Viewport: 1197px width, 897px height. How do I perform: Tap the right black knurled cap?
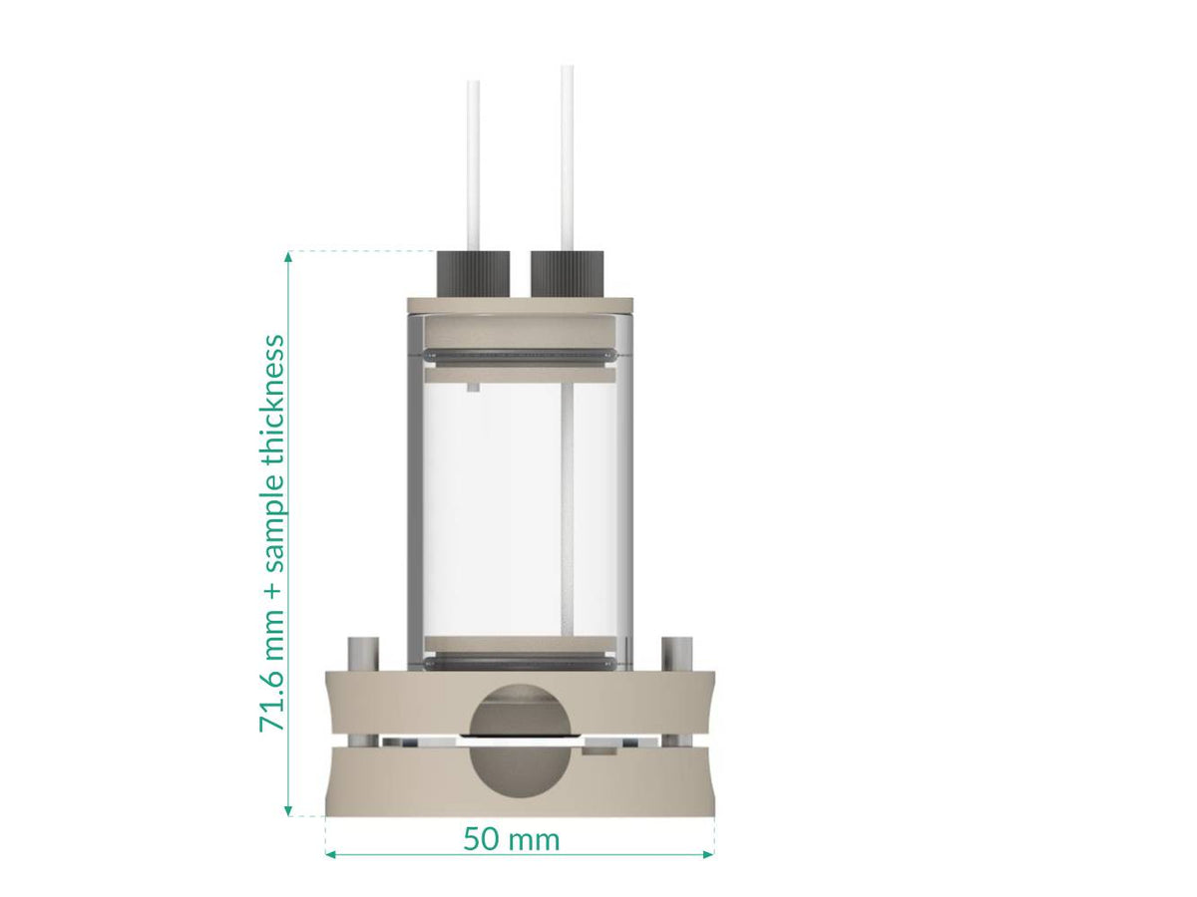click(x=567, y=272)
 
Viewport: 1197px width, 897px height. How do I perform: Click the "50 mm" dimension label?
click(x=511, y=840)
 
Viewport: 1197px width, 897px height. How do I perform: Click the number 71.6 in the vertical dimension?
click(x=272, y=704)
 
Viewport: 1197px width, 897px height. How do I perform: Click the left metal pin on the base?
click(x=361, y=654)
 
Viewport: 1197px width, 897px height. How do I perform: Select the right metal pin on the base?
click(x=677, y=654)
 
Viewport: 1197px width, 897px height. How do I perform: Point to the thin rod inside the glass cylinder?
click(x=567, y=508)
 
